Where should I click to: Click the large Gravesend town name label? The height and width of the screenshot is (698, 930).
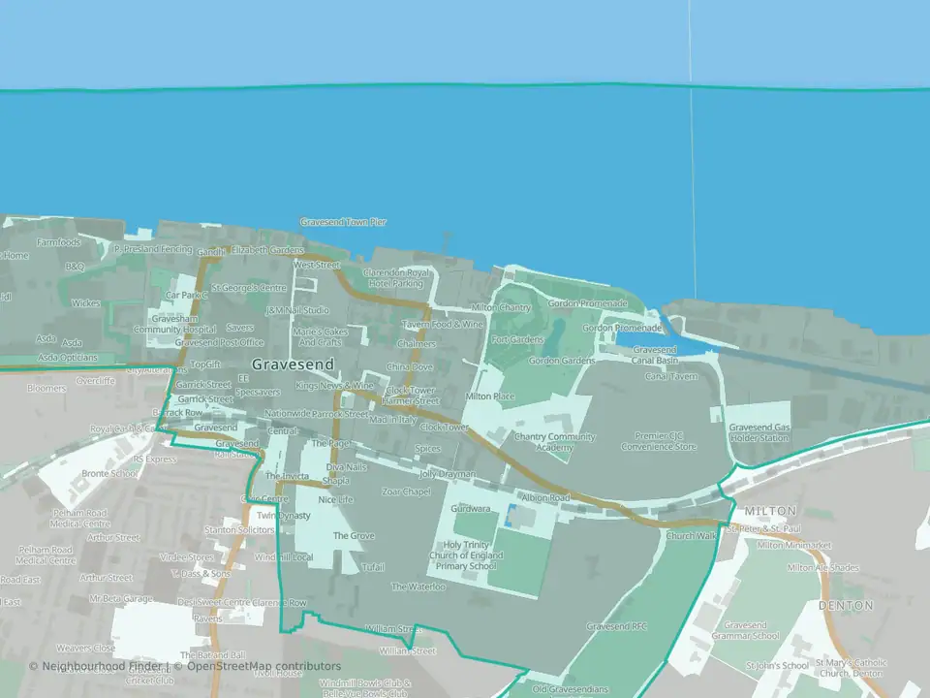click(292, 365)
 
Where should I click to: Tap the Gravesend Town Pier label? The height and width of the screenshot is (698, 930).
click(343, 222)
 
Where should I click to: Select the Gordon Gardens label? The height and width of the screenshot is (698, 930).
click(562, 361)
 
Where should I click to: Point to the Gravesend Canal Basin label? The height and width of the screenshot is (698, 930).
click(654, 355)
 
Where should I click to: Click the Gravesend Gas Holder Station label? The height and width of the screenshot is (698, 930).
click(759, 432)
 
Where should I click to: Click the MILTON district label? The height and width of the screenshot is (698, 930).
click(770, 511)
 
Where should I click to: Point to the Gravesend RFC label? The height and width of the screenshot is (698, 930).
click(616, 626)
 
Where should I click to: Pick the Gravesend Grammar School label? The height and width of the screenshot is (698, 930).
click(751, 631)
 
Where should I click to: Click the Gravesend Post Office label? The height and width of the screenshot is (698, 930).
click(219, 342)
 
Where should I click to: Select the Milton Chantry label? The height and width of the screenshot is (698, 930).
click(501, 307)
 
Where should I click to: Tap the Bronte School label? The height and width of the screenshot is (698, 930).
click(109, 474)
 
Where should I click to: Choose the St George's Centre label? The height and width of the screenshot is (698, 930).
click(249, 288)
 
